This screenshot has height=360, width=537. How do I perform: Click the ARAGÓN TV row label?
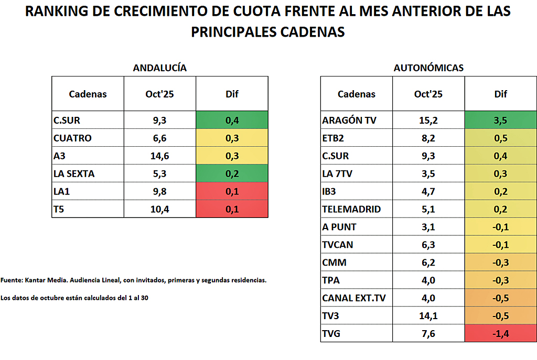(349, 121)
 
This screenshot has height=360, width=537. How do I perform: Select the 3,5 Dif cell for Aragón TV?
(500, 121)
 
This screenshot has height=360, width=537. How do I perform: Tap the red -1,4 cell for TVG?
(500, 333)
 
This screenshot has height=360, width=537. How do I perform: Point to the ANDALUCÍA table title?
(159, 68)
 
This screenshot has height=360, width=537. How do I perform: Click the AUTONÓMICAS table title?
(428, 68)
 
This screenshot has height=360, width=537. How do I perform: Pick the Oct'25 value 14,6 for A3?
(159, 156)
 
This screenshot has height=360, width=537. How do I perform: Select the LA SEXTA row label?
(74, 173)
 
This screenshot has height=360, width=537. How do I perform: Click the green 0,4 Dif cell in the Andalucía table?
(232, 121)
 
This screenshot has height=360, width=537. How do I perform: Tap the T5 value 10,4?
(159, 209)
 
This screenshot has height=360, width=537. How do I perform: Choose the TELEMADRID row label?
(351, 209)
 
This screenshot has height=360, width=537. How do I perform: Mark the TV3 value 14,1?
(428, 315)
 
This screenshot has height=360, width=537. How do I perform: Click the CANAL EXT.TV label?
(354, 298)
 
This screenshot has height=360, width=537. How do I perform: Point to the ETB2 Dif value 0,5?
(500, 138)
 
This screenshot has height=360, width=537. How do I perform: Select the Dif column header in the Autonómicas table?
(500, 94)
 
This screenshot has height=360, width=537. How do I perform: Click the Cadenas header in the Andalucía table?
(88, 94)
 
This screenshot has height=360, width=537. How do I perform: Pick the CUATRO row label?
(72, 138)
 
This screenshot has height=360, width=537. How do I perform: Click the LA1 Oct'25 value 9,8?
(159, 191)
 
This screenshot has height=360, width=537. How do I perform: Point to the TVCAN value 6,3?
(428, 245)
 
